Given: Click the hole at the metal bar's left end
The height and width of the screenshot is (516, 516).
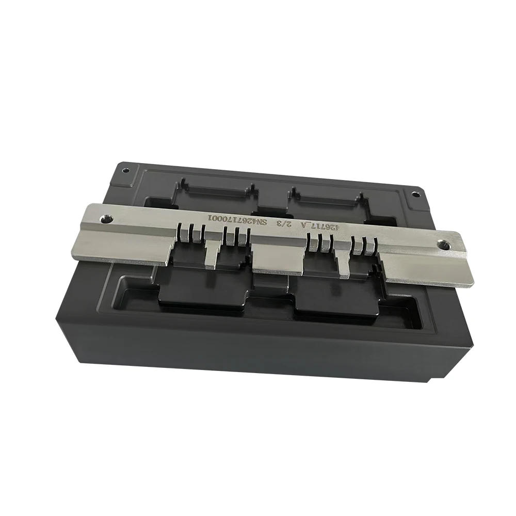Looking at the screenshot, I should [x=107, y=218].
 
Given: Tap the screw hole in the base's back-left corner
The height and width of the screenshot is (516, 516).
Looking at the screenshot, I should [x=123, y=170].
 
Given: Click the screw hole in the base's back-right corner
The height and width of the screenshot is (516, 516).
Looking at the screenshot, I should [x=414, y=195].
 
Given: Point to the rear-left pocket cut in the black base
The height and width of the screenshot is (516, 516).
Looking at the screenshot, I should [x=217, y=193].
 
